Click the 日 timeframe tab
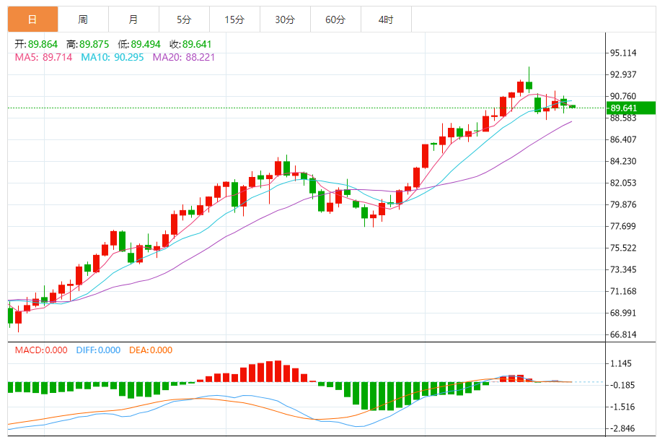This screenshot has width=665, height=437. [x=32, y=20]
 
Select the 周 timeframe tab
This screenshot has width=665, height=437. [x=83, y=20]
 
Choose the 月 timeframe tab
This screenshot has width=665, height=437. [x=133, y=20]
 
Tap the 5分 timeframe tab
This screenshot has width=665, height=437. [x=184, y=20]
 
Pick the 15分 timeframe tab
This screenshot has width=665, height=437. [x=234, y=20]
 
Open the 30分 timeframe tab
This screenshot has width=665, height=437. [x=285, y=20]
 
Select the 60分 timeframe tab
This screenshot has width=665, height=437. [x=335, y=20]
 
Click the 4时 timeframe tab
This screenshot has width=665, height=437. [x=386, y=20]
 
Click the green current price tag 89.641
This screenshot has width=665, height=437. [x=630, y=108]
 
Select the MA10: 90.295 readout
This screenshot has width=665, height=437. [x=113, y=57]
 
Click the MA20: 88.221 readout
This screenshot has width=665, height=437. [x=184, y=57]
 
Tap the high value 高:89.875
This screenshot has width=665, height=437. [x=92, y=44]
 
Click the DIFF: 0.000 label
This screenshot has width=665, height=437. [x=98, y=350]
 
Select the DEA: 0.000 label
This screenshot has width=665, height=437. [x=151, y=350]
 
